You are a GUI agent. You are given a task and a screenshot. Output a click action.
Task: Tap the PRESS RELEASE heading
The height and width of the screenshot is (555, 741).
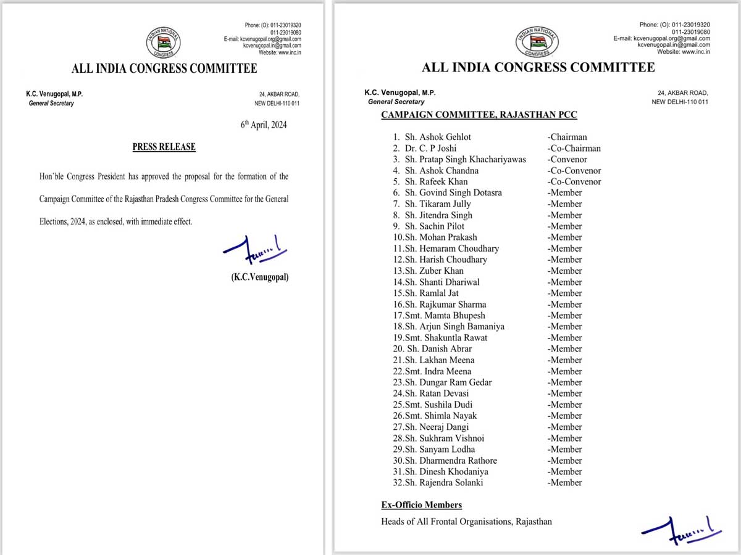[164, 147]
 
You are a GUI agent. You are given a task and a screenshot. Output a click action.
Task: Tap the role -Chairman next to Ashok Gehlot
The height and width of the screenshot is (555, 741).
[567, 137]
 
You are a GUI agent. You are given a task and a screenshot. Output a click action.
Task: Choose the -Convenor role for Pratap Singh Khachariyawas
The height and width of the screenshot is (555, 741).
[567, 159]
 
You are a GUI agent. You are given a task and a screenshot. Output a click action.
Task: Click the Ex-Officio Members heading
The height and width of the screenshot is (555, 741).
[421, 505]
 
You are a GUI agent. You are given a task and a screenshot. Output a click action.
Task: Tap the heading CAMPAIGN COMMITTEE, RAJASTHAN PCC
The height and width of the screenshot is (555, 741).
[479, 115]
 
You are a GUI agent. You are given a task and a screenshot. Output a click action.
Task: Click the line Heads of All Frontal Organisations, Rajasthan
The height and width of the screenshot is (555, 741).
[466, 522]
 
